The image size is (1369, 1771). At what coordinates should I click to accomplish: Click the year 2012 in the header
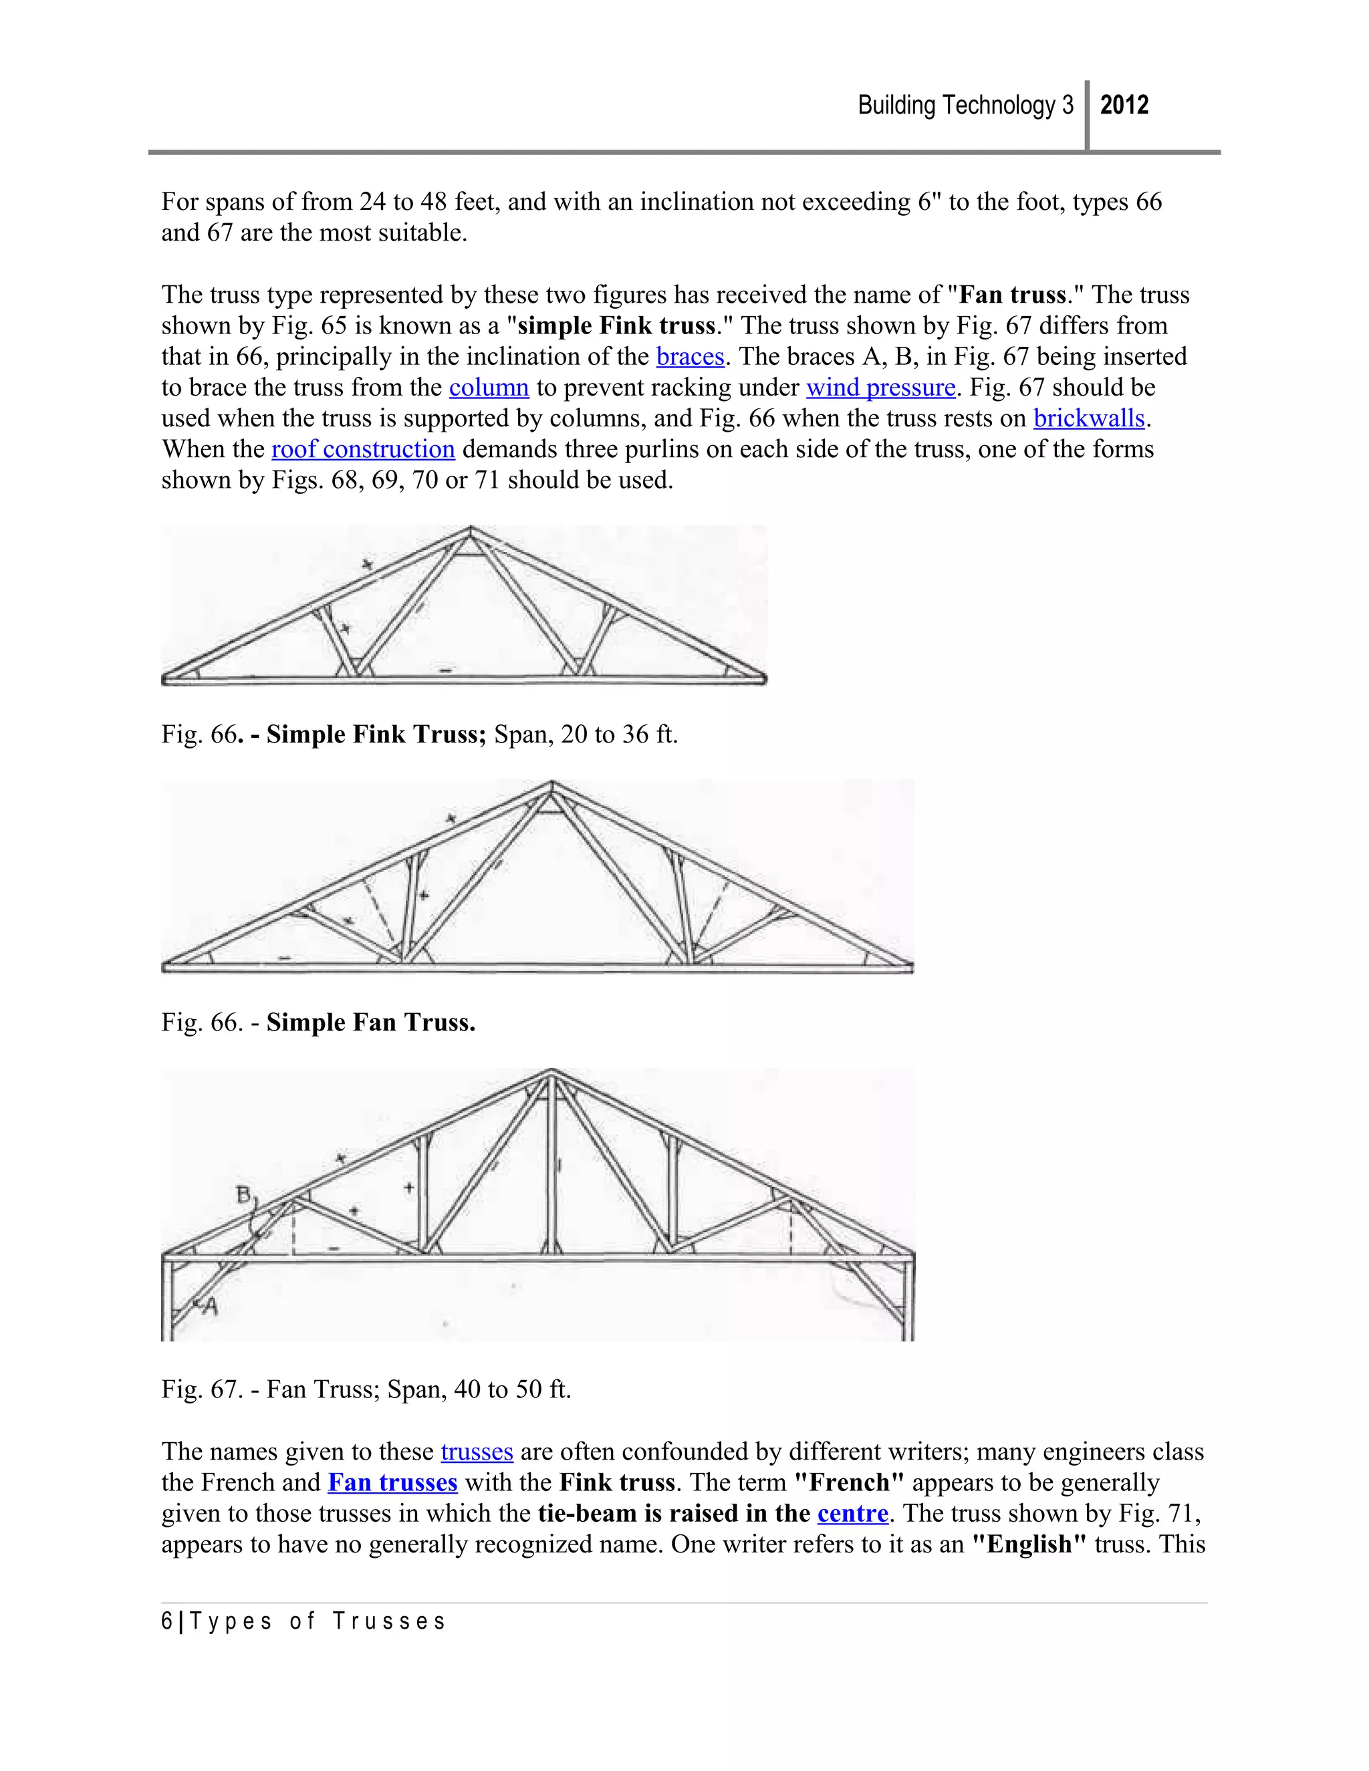pyautogui.click(x=1124, y=106)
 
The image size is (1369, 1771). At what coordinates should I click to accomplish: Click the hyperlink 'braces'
pyautogui.click(x=689, y=357)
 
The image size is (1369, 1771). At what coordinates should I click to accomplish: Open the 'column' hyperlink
pyautogui.click(x=489, y=388)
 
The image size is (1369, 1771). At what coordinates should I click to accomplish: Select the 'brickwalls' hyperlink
pyautogui.click(x=1088, y=418)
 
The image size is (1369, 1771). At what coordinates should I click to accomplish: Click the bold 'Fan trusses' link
pyautogui.click(x=392, y=1482)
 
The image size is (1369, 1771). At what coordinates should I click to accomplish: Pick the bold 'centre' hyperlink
pyautogui.click(x=852, y=1513)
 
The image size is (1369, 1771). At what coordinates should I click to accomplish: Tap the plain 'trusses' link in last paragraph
pyautogui.click(x=477, y=1452)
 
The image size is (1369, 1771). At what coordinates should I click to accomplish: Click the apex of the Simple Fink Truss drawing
pyautogui.click(x=471, y=531)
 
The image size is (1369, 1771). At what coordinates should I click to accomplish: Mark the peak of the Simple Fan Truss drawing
pyautogui.click(x=551, y=784)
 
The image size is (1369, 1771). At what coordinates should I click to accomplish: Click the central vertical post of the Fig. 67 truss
pyautogui.click(x=551, y=1168)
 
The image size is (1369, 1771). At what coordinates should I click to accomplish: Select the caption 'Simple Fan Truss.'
pyautogui.click(x=370, y=1023)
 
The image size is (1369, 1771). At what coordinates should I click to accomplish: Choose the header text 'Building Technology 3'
pyautogui.click(x=965, y=106)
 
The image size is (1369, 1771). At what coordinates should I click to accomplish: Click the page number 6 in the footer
pyautogui.click(x=167, y=1622)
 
